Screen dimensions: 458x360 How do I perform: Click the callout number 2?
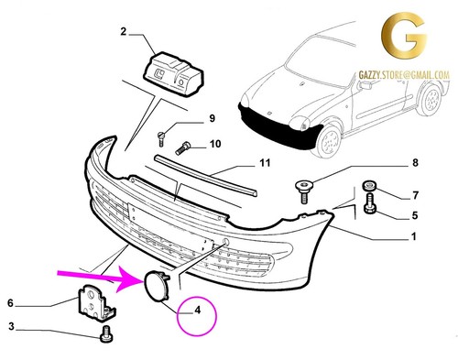124,31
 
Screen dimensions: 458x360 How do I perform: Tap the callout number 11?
265,163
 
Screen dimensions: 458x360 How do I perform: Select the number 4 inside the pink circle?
198,311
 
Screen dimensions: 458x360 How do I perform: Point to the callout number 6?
10,303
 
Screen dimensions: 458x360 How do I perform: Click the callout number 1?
414,236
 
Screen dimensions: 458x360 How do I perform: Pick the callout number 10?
215,144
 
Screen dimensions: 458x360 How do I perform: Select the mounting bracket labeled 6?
96,302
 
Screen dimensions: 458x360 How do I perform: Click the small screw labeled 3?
106,335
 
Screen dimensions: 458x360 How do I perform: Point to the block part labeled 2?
173,74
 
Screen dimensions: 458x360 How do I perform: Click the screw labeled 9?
161,138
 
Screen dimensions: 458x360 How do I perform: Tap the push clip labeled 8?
304,191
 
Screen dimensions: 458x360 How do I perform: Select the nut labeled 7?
369,186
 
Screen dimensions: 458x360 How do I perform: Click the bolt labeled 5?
369,203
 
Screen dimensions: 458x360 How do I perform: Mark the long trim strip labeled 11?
205,175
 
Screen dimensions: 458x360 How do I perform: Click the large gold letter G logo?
403,36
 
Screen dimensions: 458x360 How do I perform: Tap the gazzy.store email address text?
404,75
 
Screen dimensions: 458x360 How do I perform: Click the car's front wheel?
328,141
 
